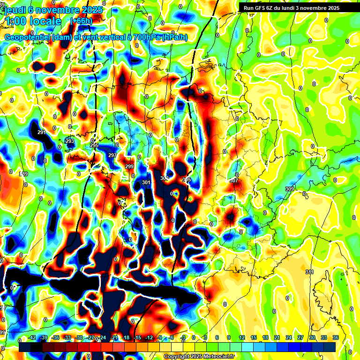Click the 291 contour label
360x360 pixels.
(x=42, y=133)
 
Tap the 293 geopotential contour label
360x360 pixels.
(x=69, y=141)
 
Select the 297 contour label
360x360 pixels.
(x=112, y=155)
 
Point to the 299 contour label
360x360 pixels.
(x=130, y=166)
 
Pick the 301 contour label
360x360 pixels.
(x=146, y=182)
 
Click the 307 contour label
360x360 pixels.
(x=234, y=180)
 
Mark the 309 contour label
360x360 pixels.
(x=289, y=189)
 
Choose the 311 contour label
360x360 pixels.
(x=309, y=272)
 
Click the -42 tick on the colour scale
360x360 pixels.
(x=32, y=337)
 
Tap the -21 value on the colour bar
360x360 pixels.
(x=114, y=337)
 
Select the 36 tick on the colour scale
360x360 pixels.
(x=336, y=337)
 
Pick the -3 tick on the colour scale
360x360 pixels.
(x=183, y=337)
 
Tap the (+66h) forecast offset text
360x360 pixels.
(x=81, y=21)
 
